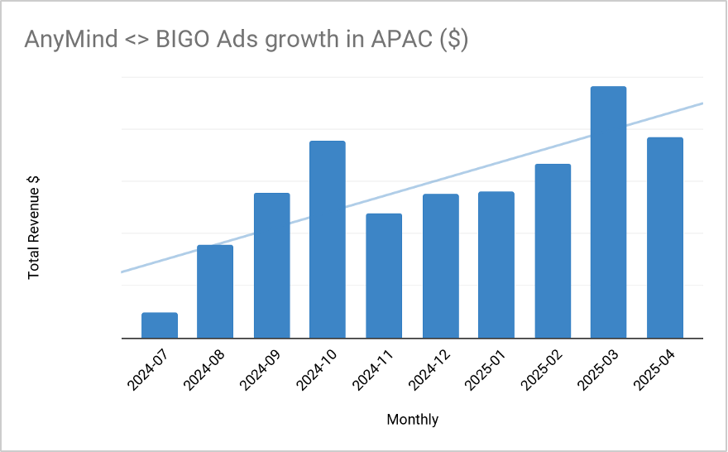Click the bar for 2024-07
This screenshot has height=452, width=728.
[160, 325]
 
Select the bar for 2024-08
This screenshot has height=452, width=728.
[215, 291]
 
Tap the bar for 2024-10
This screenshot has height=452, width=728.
[328, 239]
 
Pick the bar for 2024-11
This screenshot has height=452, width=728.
[384, 276]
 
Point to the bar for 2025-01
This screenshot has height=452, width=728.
[496, 265]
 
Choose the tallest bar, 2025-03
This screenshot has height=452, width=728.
[608, 212]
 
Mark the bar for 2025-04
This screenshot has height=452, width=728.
[665, 238]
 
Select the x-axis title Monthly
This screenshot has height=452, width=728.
[413, 420]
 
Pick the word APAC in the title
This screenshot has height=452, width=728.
[402, 41]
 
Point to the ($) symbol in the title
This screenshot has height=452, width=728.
[453, 41]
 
